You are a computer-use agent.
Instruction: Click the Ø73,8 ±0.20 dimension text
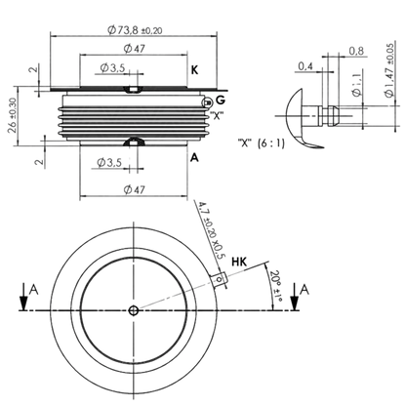point(135,30)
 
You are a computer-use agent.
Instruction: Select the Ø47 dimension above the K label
point(134,49)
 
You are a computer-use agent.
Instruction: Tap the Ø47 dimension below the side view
point(134,189)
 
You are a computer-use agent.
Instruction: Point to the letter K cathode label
point(194,70)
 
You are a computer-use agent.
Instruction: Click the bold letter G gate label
point(221,101)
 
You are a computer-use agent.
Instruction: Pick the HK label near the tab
point(239,262)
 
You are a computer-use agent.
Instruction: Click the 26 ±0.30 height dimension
point(13,115)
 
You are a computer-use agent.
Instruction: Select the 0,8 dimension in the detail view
point(356,51)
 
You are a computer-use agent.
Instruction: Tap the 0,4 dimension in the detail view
point(305,66)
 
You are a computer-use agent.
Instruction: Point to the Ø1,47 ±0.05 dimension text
point(389,69)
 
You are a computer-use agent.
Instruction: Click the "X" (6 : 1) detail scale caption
point(262,142)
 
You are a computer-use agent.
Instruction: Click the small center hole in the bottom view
point(134,310)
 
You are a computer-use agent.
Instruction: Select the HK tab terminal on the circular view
point(219,280)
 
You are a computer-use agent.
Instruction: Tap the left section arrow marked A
point(23,297)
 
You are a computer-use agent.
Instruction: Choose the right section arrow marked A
point(295,297)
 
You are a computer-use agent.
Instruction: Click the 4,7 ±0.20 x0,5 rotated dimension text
point(212,230)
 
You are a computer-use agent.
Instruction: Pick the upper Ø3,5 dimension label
point(112,68)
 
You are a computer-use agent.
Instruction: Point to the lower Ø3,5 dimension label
point(109,162)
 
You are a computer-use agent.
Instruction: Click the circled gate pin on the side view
point(207,103)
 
